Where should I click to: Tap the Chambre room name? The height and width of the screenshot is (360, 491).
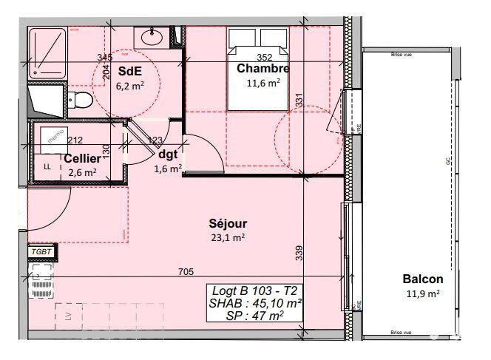click(x=263, y=69)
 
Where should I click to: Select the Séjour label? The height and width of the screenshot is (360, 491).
click(x=227, y=223)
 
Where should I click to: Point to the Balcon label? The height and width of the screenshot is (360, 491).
click(x=423, y=279)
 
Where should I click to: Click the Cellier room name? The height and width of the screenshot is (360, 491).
click(x=82, y=158)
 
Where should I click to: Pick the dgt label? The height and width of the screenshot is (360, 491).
click(x=169, y=154)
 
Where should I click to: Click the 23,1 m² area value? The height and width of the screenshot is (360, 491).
click(x=228, y=237)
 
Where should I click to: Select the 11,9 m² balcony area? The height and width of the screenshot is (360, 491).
click(x=422, y=293)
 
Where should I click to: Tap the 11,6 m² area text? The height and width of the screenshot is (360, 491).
click(x=263, y=83)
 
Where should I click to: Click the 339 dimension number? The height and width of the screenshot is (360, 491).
click(x=299, y=253)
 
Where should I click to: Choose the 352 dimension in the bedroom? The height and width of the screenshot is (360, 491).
click(x=265, y=57)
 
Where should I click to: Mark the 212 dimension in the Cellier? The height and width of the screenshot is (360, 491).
click(x=75, y=139)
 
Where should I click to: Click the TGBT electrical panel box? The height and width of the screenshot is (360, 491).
click(x=40, y=252)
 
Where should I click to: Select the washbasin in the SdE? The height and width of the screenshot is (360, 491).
click(x=152, y=35)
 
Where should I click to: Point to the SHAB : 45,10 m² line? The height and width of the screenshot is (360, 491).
click(x=255, y=303)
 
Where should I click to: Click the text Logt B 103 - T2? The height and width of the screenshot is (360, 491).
click(x=255, y=291)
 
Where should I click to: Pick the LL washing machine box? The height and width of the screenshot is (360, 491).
click(x=47, y=166)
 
